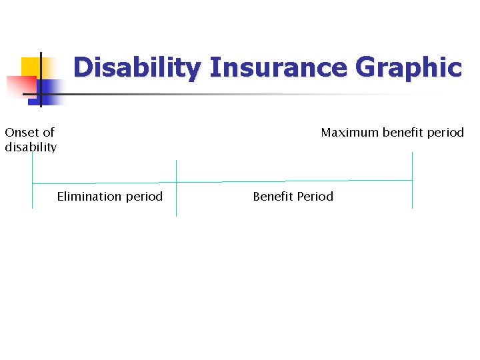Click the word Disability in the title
coord(137,68)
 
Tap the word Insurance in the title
coord(278,68)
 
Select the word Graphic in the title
coord(409,68)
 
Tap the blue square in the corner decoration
coord(52,89)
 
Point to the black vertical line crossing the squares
coord(41,80)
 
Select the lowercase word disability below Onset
coord(31,147)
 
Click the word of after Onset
coord(48,133)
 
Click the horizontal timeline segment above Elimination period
coord(103,183)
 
